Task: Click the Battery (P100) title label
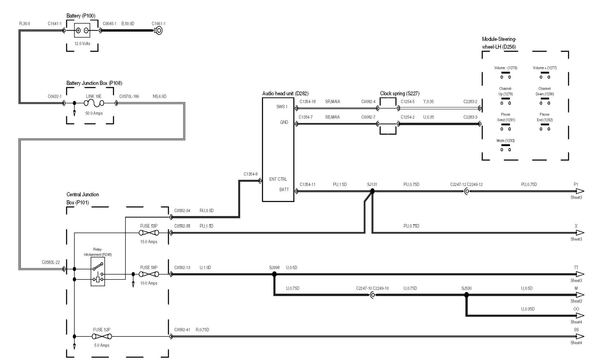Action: [80, 16]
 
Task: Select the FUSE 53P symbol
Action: [149, 233]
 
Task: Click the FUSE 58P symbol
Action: [149, 274]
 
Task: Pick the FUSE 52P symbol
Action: [102, 337]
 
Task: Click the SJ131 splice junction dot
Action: [372, 191]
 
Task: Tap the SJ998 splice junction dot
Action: [274, 274]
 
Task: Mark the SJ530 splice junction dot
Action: [466, 295]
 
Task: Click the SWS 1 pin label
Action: [282, 107]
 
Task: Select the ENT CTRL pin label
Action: [278, 179]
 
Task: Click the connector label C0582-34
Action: [182, 211]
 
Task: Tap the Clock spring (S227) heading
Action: [399, 94]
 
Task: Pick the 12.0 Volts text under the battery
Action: [82, 44]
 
